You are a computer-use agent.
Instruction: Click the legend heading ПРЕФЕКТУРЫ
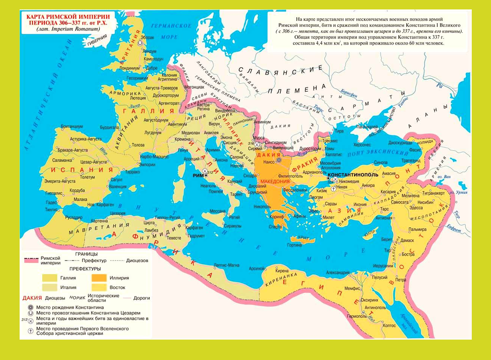[x=85, y=269]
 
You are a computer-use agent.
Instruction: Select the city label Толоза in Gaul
[x=138, y=145]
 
